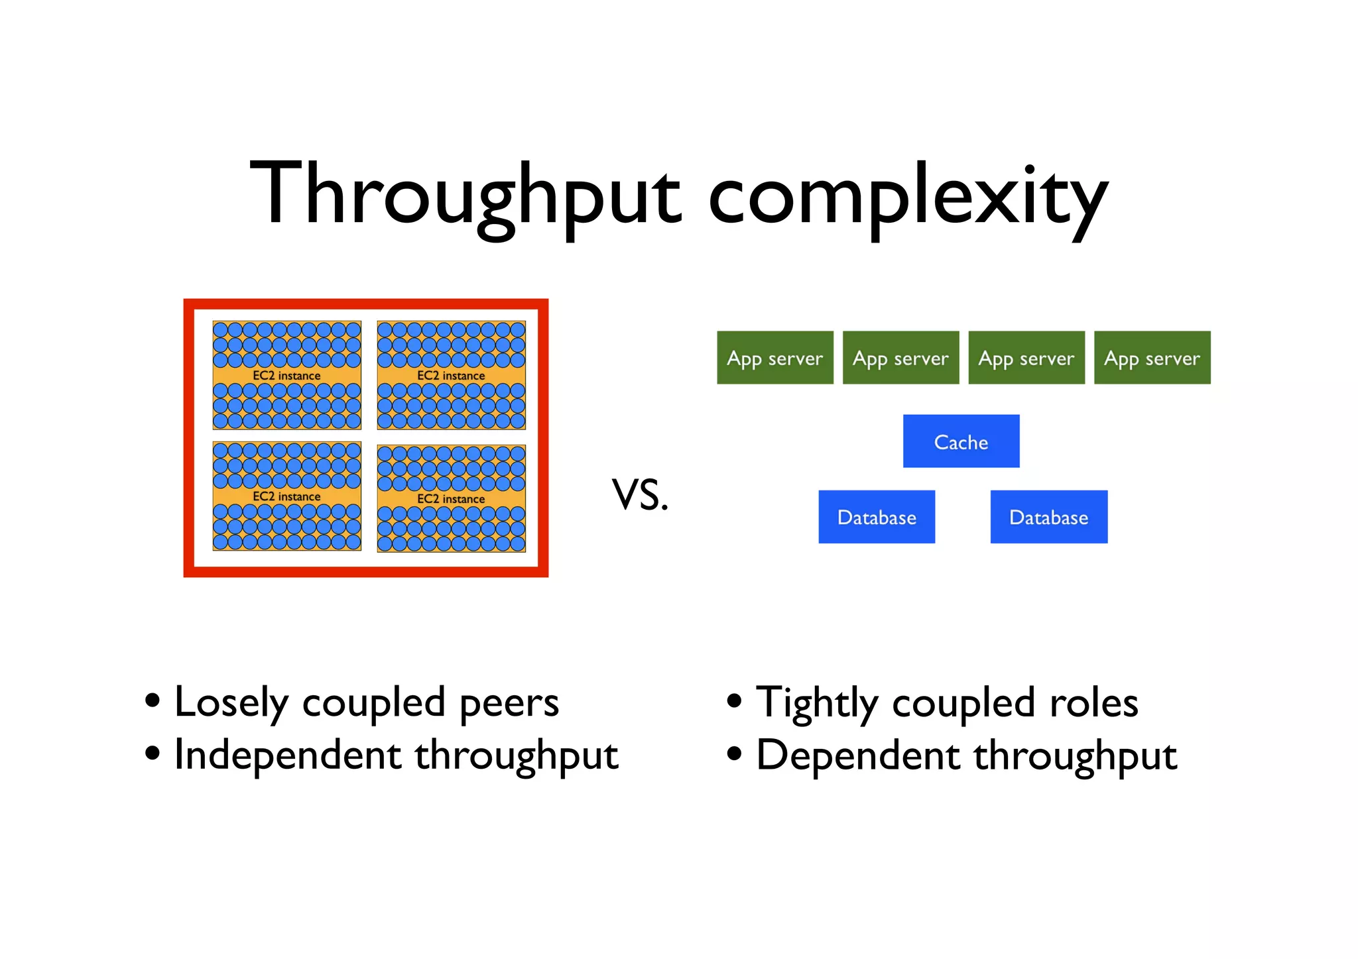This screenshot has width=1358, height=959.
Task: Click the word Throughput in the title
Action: (x=464, y=196)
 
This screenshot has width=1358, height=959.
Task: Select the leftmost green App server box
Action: (x=774, y=358)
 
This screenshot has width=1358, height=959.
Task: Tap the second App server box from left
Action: (x=900, y=358)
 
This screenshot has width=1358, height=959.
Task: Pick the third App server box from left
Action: (x=1026, y=358)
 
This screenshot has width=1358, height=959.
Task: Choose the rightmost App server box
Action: (x=1152, y=358)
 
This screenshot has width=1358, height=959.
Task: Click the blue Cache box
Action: (x=961, y=441)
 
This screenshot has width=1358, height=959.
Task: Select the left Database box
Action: (x=877, y=517)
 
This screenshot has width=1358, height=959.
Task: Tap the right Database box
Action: (x=1048, y=517)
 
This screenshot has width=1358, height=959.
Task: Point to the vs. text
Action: (x=640, y=495)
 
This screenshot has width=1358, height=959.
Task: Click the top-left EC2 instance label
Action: (x=286, y=376)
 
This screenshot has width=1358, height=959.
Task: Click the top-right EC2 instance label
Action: (x=451, y=376)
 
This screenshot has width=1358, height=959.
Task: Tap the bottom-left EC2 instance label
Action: (x=286, y=496)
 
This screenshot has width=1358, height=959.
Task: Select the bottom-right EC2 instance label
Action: (x=451, y=499)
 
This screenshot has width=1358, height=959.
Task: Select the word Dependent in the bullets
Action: (x=857, y=756)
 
